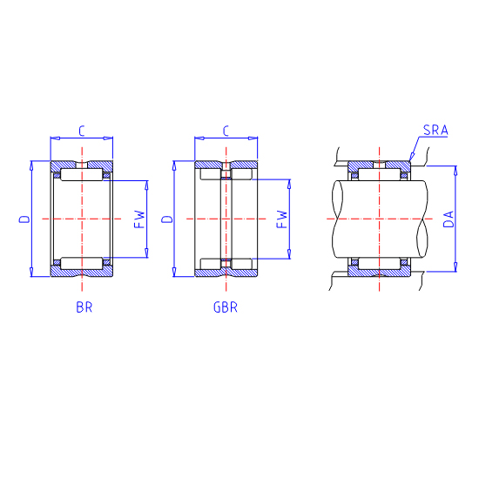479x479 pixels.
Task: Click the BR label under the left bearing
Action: tap(84, 307)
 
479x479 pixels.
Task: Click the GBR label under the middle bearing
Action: tap(226, 307)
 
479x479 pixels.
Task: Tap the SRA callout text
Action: tap(435, 130)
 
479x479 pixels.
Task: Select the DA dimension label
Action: tap(449, 219)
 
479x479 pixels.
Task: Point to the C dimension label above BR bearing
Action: tap(81, 131)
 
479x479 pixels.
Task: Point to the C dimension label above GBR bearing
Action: tap(226, 131)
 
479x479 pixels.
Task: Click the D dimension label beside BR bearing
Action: tap(24, 219)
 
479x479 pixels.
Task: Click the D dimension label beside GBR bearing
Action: tap(167, 219)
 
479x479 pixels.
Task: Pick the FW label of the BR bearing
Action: tap(139, 219)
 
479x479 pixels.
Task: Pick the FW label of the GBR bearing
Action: tap(281, 219)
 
